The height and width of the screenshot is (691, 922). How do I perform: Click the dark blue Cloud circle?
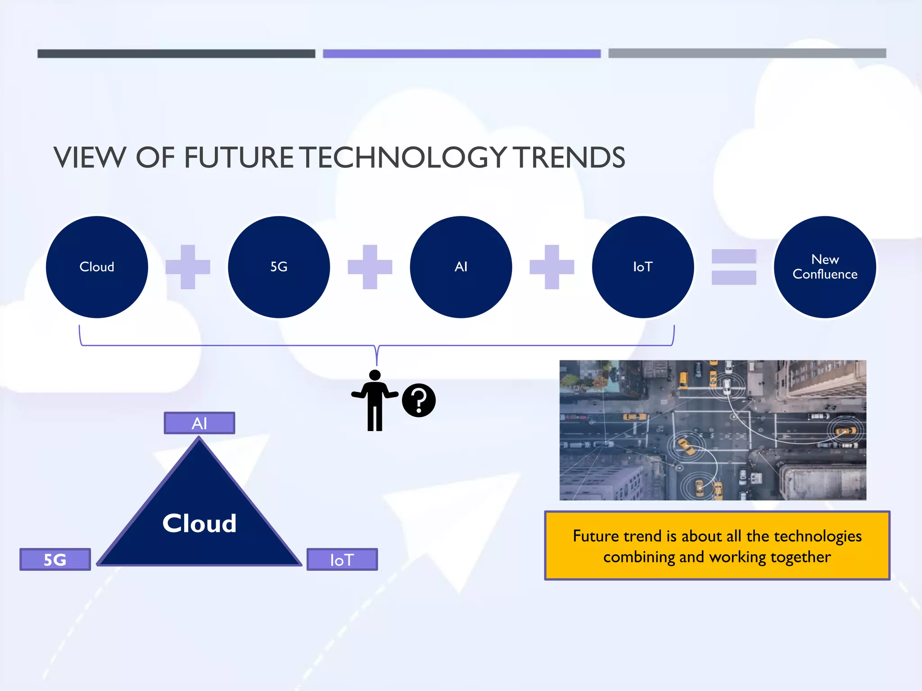click(x=97, y=267)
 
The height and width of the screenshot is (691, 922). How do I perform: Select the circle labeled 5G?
click(x=279, y=267)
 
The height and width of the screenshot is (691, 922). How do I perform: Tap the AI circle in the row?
click(x=461, y=267)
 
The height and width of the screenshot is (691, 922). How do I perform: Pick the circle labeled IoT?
click(x=642, y=267)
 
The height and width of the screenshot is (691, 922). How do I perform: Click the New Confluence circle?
click(x=825, y=267)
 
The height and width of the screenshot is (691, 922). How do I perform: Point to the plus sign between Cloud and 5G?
click(x=188, y=267)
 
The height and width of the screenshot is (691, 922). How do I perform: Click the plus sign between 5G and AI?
click(x=370, y=267)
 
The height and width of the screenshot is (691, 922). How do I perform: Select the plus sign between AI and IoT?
click(x=551, y=267)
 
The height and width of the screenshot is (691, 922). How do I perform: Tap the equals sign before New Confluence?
click(x=734, y=267)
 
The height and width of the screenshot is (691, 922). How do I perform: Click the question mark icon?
click(x=419, y=400)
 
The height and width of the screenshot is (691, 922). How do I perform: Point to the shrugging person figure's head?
click(x=375, y=375)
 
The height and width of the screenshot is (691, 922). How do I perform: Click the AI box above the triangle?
click(x=199, y=423)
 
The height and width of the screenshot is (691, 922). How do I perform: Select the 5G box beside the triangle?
click(x=55, y=560)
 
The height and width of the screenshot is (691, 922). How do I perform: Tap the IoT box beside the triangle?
click(x=342, y=560)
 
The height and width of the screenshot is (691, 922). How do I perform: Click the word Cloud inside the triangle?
click(x=199, y=523)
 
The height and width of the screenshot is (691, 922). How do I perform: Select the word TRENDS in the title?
click(x=570, y=157)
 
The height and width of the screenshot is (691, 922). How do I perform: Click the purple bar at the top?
click(x=461, y=54)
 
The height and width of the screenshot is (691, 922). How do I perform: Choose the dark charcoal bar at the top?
click(x=176, y=54)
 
